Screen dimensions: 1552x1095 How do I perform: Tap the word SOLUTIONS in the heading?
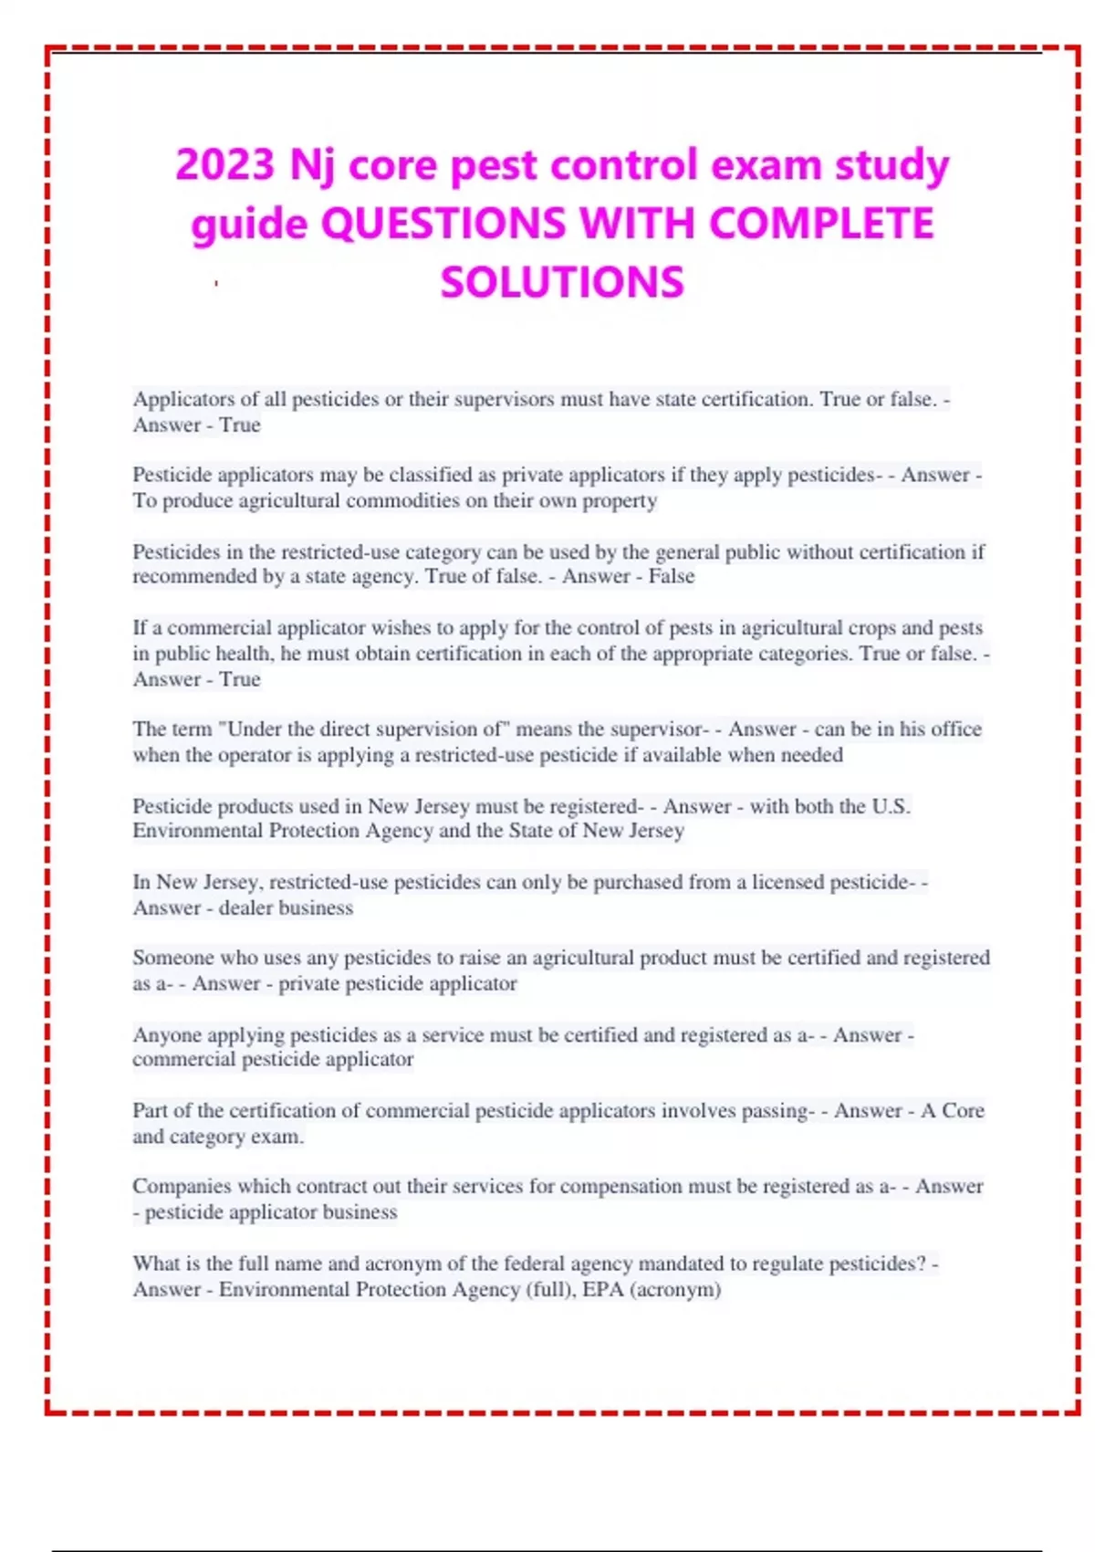point(562,282)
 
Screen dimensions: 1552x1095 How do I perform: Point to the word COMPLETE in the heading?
point(821,224)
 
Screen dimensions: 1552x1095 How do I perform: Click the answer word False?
point(672,576)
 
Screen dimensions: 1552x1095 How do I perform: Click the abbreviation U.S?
point(891,806)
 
